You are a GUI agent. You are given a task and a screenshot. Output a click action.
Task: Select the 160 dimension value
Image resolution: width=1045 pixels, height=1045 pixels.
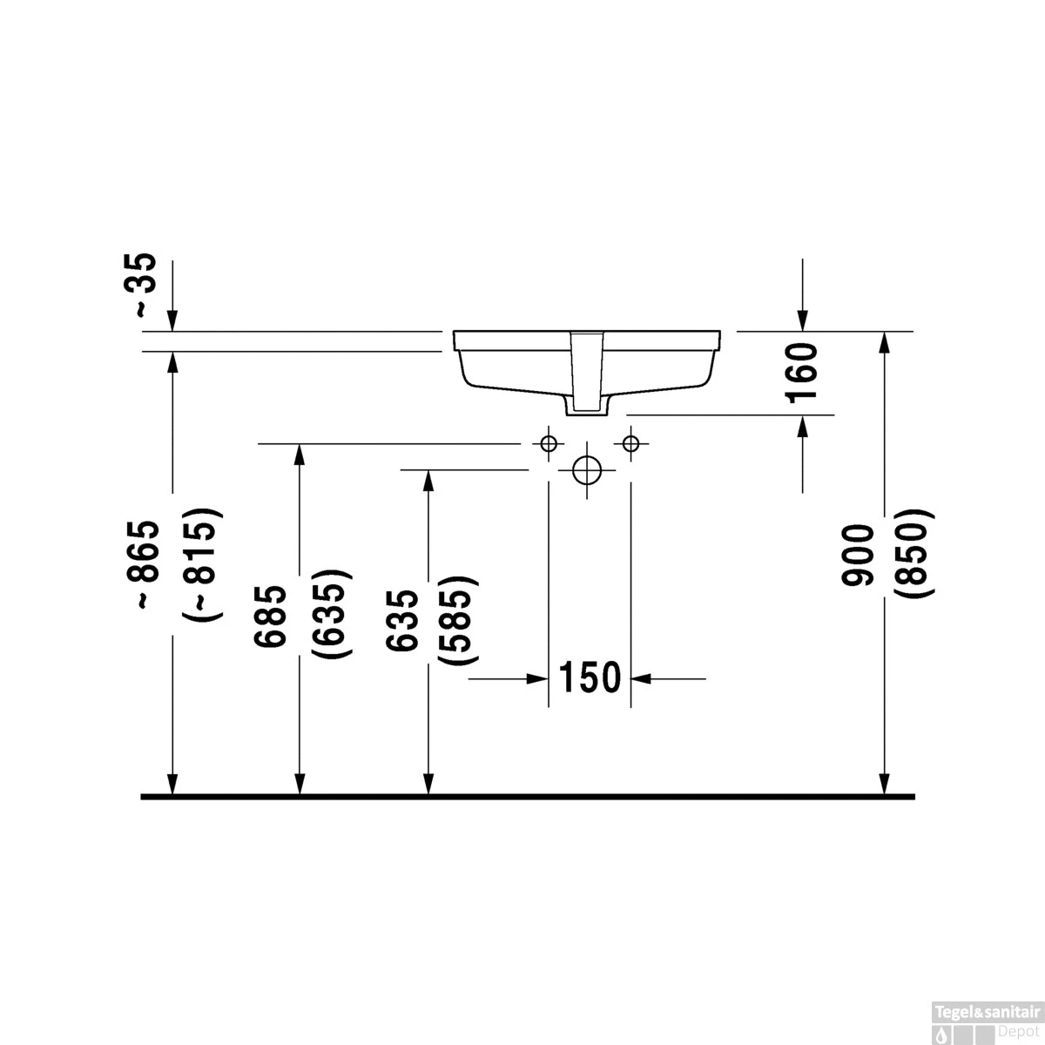(801, 373)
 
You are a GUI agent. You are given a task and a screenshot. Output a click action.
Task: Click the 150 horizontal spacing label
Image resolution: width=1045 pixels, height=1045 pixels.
(589, 678)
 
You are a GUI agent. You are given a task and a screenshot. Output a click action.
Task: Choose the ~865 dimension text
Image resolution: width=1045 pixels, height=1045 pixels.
(145, 564)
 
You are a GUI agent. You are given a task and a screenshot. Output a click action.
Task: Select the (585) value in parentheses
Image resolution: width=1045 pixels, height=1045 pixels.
(459, 620)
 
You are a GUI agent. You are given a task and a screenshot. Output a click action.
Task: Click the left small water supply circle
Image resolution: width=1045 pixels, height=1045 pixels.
(548, 443)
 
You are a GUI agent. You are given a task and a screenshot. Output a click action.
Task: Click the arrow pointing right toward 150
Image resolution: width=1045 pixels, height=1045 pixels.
(536, 678)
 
